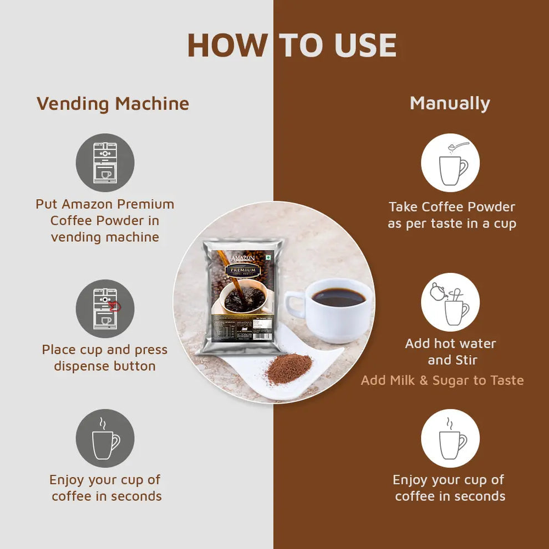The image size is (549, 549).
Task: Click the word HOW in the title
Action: tap(227, 45)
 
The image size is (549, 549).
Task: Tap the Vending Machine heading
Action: tap(113, 104)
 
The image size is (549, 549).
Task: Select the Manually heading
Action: tap(450, 103)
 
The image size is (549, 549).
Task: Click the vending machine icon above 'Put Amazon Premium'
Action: tap(105, 162)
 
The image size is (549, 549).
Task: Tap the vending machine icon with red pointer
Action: tap(105, 308)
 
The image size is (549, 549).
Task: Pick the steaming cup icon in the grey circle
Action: tap(105, 438)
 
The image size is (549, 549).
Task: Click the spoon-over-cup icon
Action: tap(450, 162)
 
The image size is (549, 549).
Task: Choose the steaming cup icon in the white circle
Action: tap(450, 438)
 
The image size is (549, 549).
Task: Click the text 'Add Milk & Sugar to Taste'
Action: tap(442, 380)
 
